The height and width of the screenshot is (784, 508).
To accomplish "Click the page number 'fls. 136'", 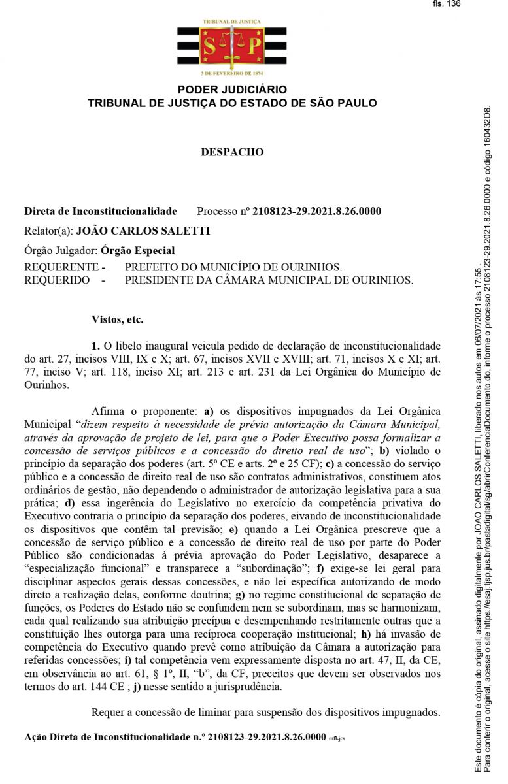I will [x=447, y=4].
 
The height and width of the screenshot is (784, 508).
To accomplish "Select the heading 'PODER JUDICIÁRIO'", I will [x=232, y=90].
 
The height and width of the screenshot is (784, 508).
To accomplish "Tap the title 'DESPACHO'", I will [x=232, y=152].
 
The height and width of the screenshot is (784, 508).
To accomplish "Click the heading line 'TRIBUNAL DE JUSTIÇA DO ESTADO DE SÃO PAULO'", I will [x=232, y=103].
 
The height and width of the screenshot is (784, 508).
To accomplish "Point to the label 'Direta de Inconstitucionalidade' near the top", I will [x=101, y=212].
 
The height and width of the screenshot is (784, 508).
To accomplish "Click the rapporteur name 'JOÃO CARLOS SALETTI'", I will [x=143, y=231].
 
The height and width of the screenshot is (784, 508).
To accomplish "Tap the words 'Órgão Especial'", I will [x=138, y=250].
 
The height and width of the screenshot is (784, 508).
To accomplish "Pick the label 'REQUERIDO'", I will [x=57, y=280].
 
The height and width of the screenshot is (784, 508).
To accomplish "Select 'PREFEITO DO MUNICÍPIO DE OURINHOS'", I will [x=233, y=268].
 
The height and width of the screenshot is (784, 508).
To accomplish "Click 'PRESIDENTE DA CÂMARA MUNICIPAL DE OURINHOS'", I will [x=269, y=280].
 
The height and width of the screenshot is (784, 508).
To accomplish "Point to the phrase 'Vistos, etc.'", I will [x=118, y=320].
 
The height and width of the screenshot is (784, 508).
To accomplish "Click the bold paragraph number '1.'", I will [x=95, y=346].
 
